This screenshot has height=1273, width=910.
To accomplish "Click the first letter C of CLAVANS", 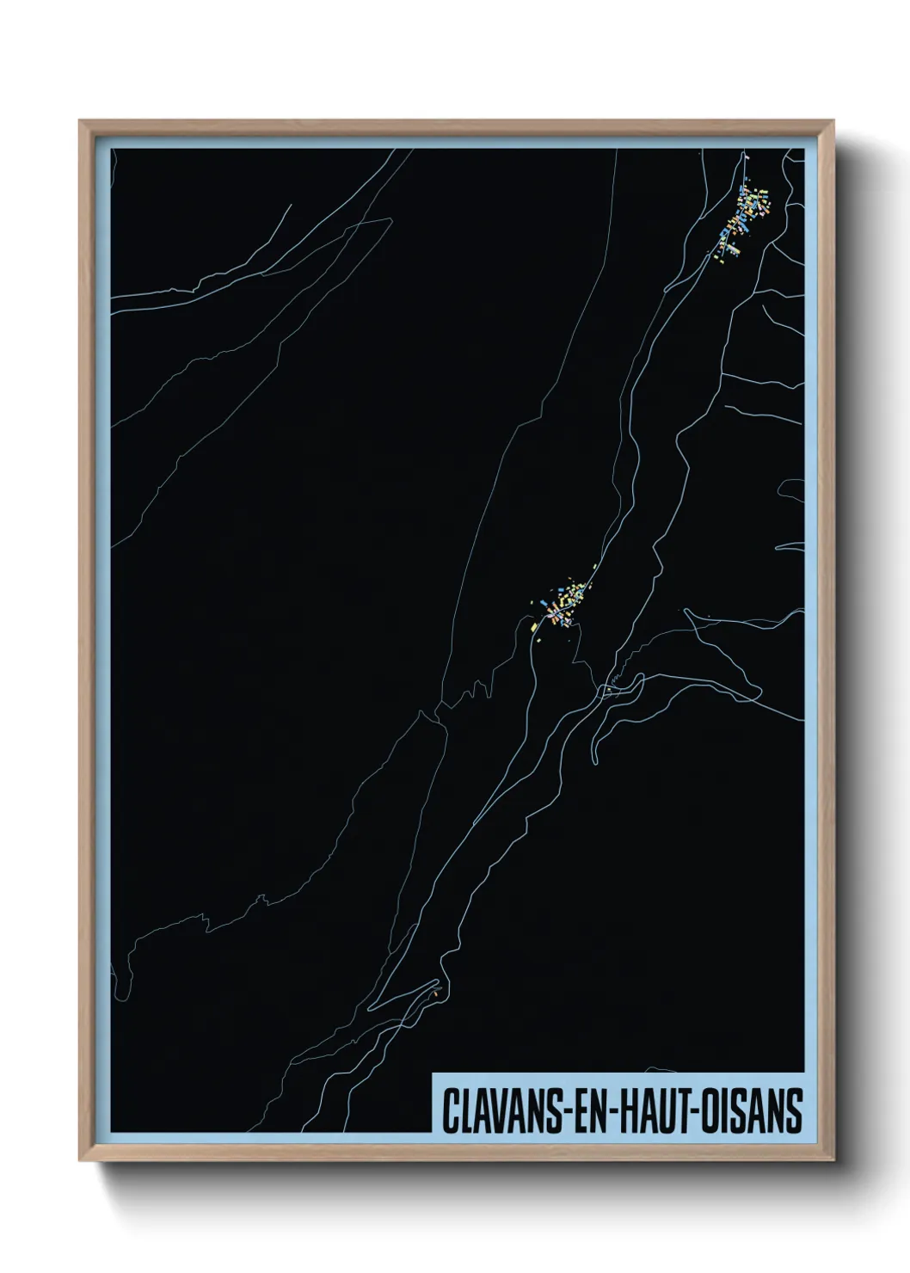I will coord(450,1110).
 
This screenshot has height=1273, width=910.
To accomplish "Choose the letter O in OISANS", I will coord(709,1110).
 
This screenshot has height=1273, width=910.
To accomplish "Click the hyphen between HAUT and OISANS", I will coord(693,1112).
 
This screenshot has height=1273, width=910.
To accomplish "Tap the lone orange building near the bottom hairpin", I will coord(437,995).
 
